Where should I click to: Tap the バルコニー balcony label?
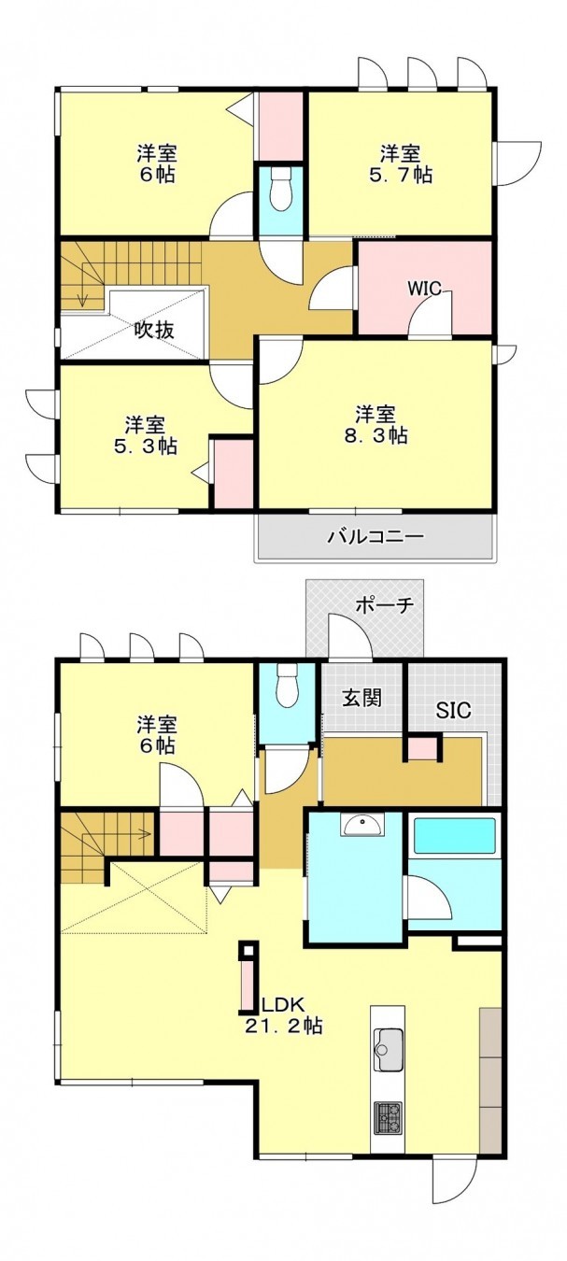pos(376,537)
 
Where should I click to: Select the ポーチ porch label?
pos(384,605)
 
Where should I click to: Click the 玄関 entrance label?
pos(361,698)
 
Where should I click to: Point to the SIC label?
pos(454,710)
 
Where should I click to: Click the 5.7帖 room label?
pos(405,163)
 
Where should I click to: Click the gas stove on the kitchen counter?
pos(388,1117)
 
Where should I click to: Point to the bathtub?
pos(454,836)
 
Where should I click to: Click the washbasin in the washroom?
pos(361,825)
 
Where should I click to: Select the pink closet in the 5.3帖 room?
pos(234,474)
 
